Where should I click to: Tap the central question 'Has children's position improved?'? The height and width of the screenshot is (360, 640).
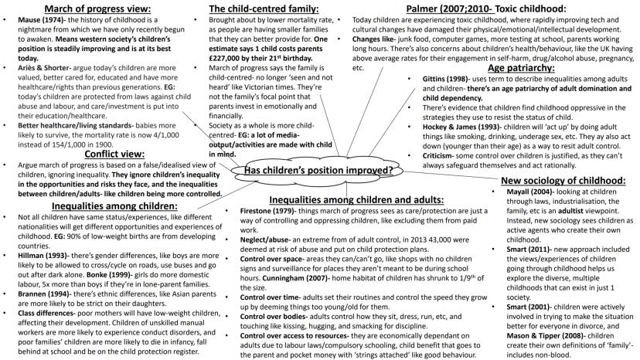[319, 169]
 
